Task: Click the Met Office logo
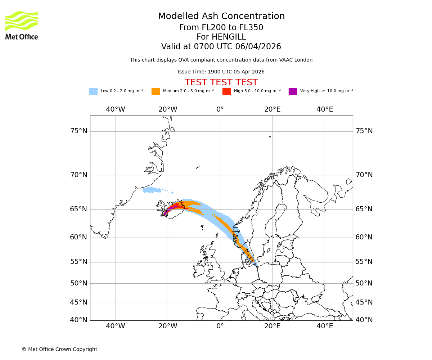click(x=22, y=25)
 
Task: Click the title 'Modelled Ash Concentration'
click(x=221, y=17)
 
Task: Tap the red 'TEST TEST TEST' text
click(x=221, y=82)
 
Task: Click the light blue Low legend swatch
click(x=93, y=91)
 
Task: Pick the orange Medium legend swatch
click(x=156, y=91)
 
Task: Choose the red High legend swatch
click(x=226, y=91)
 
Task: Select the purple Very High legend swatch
click(x=293, y=91)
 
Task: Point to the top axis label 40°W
click(x=115, y=109)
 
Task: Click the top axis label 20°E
click(x=273, y=109)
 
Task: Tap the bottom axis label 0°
click(x=220, y=327)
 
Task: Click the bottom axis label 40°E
click(x=325, y=327)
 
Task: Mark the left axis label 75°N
click(x=78, y=131)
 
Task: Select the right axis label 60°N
click(x=364, y=237)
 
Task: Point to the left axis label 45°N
click(x=78, y=302)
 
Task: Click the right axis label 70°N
click(x=364, y=175)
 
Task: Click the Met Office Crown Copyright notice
click(x=59, y=349)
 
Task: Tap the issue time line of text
click(x=221, y=72)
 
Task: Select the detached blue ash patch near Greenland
click(x=152, y=190)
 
